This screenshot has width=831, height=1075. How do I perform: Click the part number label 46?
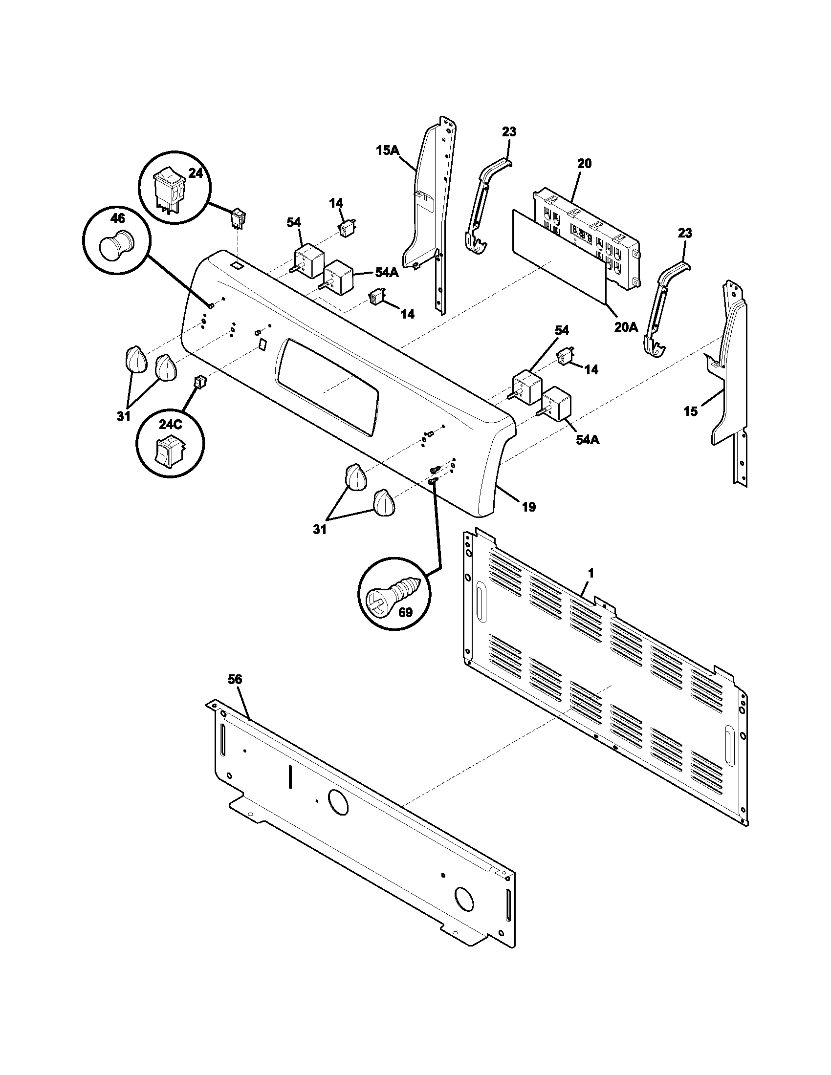[x=117, y=218]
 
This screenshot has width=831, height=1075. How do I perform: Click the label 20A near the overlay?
[x=626, y=326]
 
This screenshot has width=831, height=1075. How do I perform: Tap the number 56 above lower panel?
[x=235, y=680]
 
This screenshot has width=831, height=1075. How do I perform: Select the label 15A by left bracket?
[x=388, y=150]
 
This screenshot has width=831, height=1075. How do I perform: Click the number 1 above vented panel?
[x=591, y=573]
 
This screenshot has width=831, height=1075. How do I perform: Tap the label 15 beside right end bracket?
[x=691, y=411]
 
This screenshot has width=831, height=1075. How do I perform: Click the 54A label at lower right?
[x=587, y=440]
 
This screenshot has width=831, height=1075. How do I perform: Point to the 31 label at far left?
[x=124, y=416]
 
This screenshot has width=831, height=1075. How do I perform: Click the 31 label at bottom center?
[x=320, y=530]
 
